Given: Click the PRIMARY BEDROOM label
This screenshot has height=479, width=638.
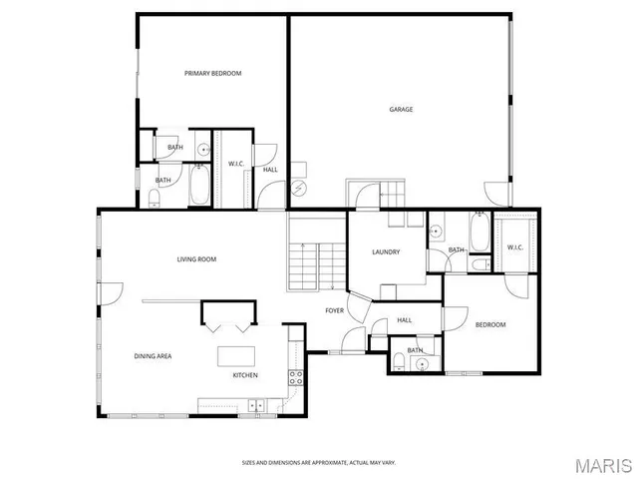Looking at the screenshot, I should (x=212, y=73).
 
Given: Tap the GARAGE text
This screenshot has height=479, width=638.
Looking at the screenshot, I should (x=401, y=110).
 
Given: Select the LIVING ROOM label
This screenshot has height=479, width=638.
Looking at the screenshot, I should (x=196, y=259).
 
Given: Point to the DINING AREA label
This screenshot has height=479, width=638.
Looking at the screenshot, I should (x=154, y=355).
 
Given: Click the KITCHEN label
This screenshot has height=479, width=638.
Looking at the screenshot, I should (x=245, y=375).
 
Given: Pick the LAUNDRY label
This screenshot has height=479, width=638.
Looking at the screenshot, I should (x=386, y=251).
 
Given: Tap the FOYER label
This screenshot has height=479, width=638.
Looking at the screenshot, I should (x=335, y=310).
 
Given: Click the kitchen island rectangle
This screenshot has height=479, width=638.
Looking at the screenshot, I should (x=236, y=356).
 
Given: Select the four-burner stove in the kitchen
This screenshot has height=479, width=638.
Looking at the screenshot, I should (x=296, y=377).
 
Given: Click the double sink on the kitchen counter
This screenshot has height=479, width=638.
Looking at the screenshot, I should (x=255, y=405).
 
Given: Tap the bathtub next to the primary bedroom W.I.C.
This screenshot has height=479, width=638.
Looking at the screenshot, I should (x=198, y=183).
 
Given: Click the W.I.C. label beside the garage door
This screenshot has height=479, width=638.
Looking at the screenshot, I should (x=515, y=247).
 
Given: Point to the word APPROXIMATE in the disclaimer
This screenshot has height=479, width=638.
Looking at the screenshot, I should (x=321, y=462).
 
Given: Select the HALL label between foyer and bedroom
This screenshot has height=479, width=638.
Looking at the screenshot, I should (x=405, y=320).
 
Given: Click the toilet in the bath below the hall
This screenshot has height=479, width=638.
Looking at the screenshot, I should (x=399, y=359).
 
